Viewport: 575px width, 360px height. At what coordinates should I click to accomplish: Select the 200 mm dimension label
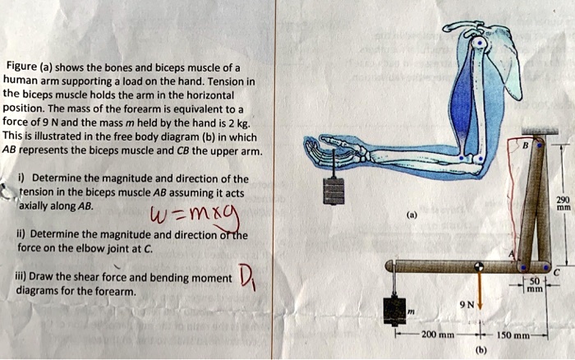(438, 335)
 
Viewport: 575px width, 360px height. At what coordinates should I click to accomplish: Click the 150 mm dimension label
(513, 335)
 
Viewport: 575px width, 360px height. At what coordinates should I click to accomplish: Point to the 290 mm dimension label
(563, 203)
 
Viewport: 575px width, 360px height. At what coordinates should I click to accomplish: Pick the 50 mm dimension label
(535, 284)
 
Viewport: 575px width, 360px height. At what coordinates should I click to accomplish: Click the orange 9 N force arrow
(479, 290)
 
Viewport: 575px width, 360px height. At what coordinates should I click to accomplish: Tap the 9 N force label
(467, 305)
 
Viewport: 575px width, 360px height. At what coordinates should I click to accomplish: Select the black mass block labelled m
(394, 312)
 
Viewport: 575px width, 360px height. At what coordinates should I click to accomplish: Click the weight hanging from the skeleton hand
(333, 192)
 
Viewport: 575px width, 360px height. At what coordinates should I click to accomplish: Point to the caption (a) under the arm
(412, 215)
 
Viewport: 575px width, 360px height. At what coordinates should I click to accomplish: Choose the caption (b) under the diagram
(481, 349)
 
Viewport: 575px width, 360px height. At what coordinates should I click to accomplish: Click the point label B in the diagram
(525, 145)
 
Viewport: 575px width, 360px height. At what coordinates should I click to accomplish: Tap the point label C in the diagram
(556, 273)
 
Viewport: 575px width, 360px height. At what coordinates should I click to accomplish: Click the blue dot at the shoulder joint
(479, 44)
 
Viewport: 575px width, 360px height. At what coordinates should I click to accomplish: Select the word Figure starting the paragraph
(22, 67)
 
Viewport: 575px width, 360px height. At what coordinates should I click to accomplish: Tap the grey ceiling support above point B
(540, 131)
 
